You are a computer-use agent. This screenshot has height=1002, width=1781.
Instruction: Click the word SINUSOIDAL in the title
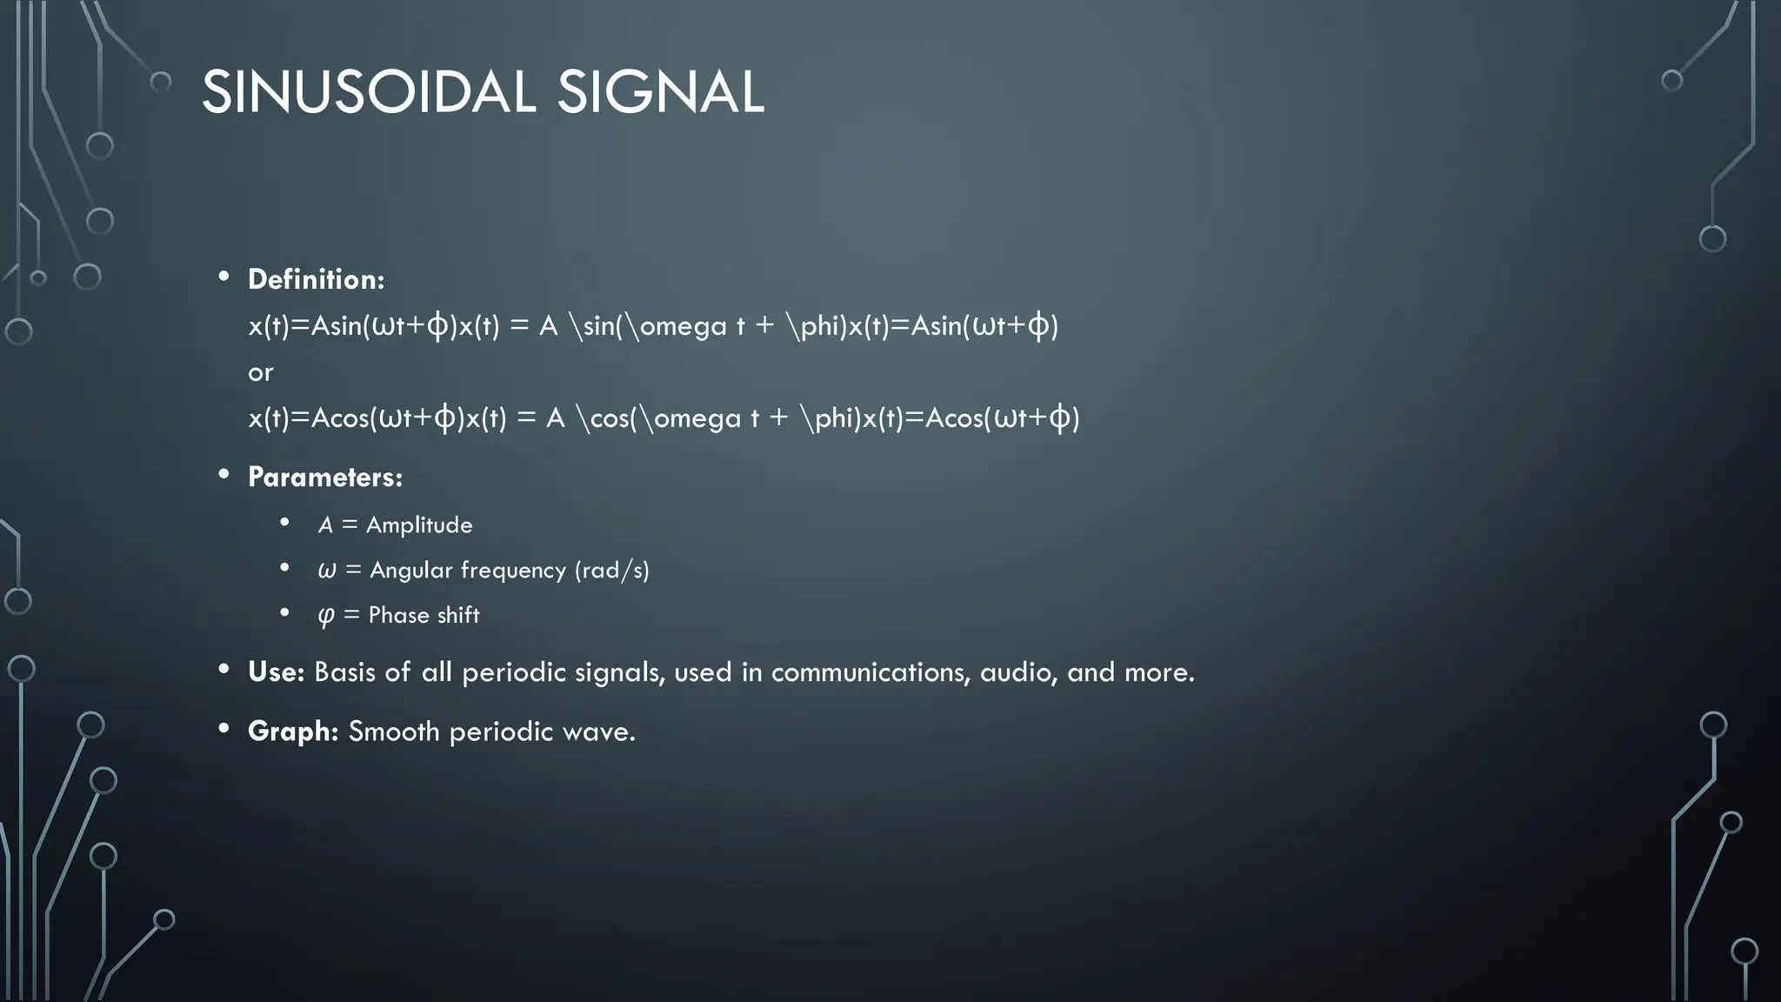(368, 92)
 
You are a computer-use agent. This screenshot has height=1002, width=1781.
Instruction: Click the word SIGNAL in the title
(660, 92)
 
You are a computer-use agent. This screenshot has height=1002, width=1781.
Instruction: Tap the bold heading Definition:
(316, 279)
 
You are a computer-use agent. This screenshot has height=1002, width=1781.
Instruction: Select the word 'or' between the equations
(260, 372)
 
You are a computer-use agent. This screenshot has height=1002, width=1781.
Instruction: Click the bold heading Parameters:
(325, 477)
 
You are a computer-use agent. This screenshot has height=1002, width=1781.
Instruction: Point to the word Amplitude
(419, 524)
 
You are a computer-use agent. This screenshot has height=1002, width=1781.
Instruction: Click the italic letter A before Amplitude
(325, 524)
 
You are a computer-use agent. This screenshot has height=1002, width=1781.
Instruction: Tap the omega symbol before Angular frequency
(327, 571)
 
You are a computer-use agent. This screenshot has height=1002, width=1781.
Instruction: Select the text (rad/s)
(611, 570)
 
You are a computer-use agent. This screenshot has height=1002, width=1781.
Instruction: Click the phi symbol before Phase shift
(326, 616)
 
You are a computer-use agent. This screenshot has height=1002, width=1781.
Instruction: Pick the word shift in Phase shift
(458, 615)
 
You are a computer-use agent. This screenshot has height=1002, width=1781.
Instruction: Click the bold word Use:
(276, 671)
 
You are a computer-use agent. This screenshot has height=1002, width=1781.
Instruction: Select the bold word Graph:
(293, 731)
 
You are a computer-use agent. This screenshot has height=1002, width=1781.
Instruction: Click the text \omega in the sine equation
(677, 326)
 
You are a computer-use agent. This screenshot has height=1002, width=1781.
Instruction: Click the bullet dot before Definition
(224, 277)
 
